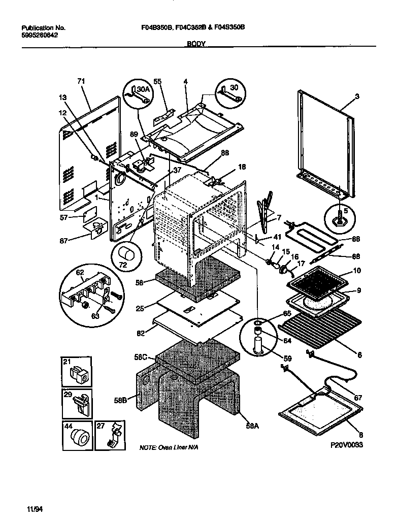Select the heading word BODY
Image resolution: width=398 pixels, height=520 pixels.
pos(196,44)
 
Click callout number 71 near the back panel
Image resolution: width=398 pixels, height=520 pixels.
pos(80,81)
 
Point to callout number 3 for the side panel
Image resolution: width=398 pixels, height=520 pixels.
pos(357,96)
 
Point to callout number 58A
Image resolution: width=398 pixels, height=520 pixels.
pos(252,426)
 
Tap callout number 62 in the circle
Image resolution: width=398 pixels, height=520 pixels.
pos(80,273)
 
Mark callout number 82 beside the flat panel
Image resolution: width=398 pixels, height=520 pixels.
pos(141,334)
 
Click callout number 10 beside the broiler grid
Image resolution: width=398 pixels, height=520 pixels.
pos(357,271)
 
